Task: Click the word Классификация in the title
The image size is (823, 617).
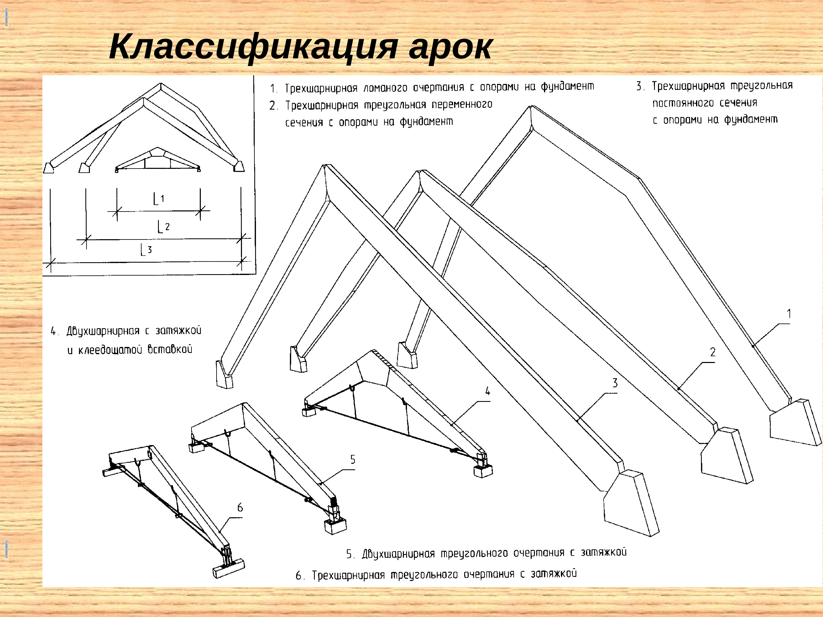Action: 253,48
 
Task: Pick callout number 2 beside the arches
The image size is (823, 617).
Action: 713,352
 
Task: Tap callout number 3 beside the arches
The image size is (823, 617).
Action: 615,383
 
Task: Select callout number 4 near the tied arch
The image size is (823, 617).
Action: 487,391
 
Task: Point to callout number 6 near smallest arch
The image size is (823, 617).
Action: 240,507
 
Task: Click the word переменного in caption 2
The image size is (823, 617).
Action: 462,104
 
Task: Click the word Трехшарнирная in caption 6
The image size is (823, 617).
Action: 348,575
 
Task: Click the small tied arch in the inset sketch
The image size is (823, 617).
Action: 158,160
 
